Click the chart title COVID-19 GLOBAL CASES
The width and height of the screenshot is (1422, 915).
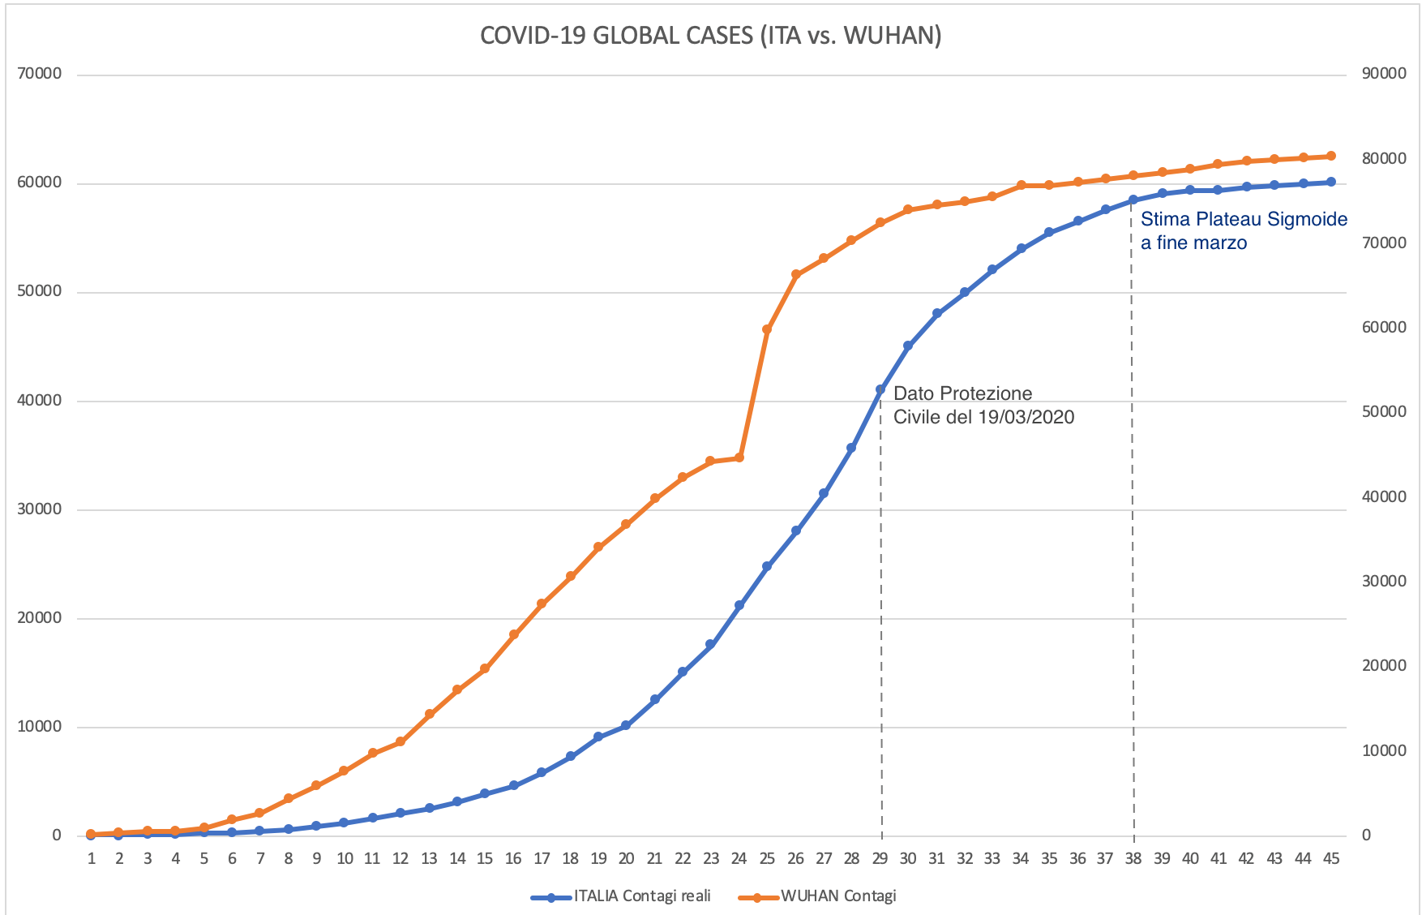(x=710, y=37)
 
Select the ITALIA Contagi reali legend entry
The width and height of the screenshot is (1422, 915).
(x=641, y=896)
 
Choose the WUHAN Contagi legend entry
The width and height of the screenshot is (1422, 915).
(x=838, y=896)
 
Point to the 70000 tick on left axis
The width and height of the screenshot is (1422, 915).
(x=39, y=75)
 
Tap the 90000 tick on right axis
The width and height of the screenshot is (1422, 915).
(x=1384, y=75)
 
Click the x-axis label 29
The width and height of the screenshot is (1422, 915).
(x=880, y=859)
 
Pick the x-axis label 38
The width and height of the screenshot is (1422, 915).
(x=1133, y=859)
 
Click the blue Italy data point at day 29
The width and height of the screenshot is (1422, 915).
(x=880, y=389)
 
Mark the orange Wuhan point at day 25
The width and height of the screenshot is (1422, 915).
(x=767, y=329)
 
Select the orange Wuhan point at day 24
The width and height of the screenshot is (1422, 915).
(x=739, y=457)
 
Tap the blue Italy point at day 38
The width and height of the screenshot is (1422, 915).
(x=1133, y=200)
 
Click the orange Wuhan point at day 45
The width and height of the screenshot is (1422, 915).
(x=1331, y=156)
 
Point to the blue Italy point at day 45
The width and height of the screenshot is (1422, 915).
(x=1331, y=182)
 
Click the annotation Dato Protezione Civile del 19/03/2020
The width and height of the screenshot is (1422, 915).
(x=983, y=406)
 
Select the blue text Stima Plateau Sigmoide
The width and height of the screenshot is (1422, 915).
(x=1244, y=220)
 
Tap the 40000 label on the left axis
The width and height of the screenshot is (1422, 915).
(x=39, y=401)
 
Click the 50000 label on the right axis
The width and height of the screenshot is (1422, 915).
(x=1384, y=412)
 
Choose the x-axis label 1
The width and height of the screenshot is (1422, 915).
(x=92, y=859)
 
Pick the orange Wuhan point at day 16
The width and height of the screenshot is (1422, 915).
(x=513, y=634)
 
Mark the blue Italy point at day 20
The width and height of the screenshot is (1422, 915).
(x=626, y=725)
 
